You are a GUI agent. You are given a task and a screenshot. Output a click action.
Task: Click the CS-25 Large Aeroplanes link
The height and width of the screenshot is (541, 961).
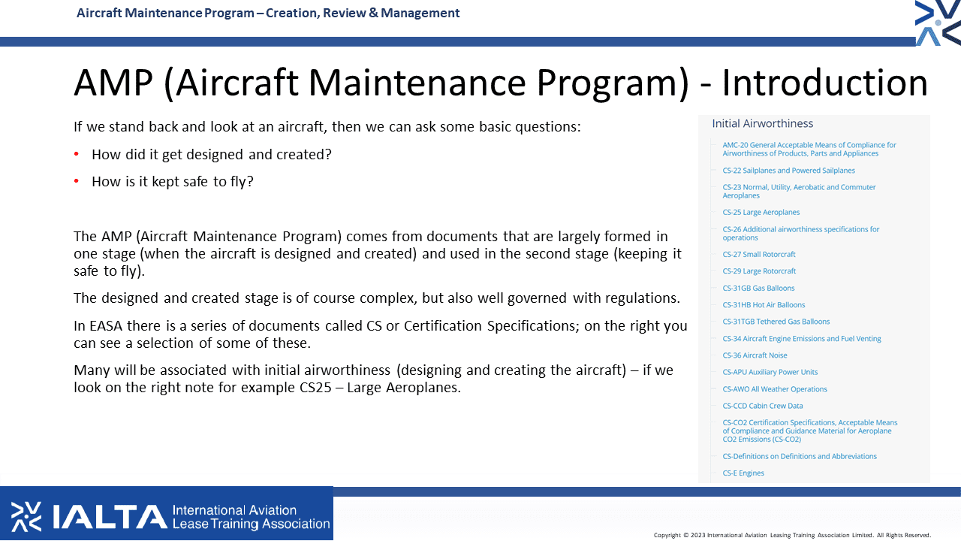(761, 212)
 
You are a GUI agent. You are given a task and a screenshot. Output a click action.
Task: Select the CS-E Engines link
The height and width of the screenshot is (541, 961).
(743, 473)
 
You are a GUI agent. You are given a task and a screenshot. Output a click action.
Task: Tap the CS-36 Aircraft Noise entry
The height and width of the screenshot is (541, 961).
(755, 355)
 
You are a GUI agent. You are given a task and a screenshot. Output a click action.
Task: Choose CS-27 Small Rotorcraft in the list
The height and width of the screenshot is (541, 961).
(759, 254)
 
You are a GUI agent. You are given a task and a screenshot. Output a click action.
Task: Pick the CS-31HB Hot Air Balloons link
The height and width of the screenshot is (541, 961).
(764, 305)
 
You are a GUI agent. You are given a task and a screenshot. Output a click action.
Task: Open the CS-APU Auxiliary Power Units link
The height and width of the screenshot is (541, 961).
(770, 372)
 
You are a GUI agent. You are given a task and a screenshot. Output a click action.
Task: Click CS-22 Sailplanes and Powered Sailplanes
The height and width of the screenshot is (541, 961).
(788, 171)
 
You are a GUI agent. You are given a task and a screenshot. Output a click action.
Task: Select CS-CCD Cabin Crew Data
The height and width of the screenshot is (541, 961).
(763, 406)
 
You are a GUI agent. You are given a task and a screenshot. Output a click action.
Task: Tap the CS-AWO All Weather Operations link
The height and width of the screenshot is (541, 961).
(775, 389)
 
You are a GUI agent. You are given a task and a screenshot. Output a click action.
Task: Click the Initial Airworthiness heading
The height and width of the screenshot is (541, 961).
(762, 124)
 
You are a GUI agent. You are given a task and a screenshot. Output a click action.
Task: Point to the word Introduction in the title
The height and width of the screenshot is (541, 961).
(825, 83)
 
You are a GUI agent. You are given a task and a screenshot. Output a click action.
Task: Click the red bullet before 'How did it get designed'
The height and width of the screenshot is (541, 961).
(77, 154)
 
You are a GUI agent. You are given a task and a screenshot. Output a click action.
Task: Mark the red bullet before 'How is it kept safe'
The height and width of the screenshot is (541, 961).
(77, 181)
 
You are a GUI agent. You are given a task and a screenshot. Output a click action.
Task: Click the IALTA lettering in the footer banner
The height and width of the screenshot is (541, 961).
(110, 516)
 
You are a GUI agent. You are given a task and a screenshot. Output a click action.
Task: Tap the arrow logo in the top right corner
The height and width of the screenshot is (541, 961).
(938, 23)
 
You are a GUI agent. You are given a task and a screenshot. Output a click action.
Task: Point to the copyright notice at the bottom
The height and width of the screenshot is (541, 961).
(792, 535)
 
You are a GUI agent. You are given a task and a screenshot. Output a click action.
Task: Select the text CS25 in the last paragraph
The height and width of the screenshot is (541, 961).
(315, 387)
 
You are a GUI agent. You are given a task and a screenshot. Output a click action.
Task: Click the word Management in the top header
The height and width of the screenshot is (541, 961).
(420, 13)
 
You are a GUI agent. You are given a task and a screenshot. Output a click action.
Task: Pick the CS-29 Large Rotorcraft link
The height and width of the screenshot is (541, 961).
(759, 271)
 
